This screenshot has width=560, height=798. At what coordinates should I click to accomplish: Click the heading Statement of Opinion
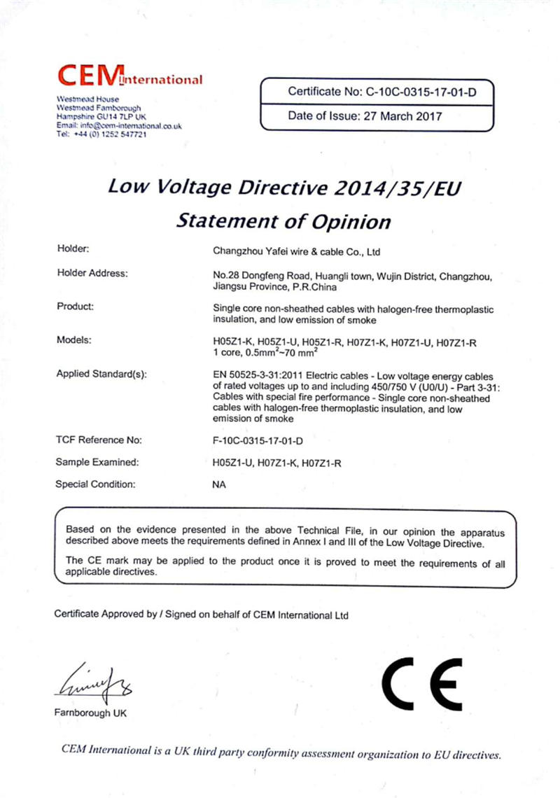point(283,221)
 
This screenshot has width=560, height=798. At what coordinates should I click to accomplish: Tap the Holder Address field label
point(92,273)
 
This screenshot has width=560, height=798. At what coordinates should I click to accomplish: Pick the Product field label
point(75,306)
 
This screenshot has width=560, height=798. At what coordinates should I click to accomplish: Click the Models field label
point(73,340)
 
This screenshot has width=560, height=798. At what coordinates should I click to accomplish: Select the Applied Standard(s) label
point(101,374)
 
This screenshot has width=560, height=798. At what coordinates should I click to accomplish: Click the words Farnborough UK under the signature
point(90,713)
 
